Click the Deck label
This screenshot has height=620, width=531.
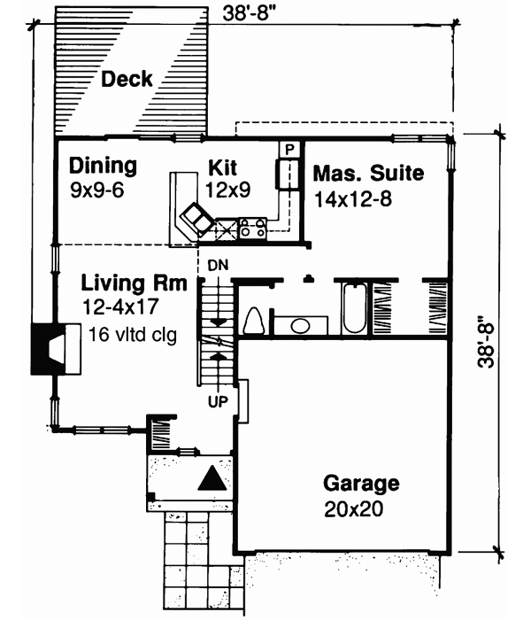tap(127, 79)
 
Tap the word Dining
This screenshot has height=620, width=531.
tap(104, 166)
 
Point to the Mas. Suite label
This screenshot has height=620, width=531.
tap(368, 173)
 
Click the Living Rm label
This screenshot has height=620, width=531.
tap(134, 284)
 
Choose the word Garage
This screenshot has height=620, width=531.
tap(360, 484)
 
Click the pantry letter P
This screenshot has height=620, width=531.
tap(288, 149)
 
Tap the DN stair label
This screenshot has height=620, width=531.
tap(217, 265)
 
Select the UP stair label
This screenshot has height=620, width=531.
tap(217, 400)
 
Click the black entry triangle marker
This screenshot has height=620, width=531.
tap(212, 479)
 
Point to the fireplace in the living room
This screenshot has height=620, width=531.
tap(53, 348)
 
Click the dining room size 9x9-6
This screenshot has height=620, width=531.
tap(98, 189)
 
